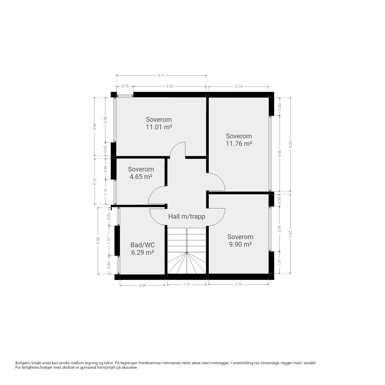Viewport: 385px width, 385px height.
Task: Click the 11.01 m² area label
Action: pos(159,127)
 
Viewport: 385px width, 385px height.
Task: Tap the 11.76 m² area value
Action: pos(239,143)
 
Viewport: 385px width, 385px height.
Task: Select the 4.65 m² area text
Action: pos(141,177)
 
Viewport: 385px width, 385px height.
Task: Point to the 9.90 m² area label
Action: pos(240,244)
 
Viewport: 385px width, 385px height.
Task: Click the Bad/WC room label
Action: pos(143,245)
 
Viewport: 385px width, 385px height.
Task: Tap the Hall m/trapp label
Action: pos(186,216)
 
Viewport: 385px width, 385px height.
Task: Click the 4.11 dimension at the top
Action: pos(161,75)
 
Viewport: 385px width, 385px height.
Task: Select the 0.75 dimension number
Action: pos(125,86)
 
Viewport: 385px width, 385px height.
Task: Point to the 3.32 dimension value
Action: pos(170,86)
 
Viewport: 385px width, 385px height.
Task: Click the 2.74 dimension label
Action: pos(239,87)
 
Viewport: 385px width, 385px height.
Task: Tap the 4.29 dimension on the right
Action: pos(291,145)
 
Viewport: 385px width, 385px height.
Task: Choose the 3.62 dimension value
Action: pos(291,234)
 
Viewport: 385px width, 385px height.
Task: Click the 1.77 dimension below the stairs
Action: pos(186,285)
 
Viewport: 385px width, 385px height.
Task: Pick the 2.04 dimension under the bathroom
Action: pos(142,285)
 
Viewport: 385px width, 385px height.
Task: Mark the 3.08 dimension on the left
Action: pos(98,241)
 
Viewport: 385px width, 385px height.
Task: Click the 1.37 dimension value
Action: pos(109,241)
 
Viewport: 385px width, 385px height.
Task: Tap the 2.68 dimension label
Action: pos(94,126)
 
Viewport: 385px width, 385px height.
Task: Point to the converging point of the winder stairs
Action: pos(186,253)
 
